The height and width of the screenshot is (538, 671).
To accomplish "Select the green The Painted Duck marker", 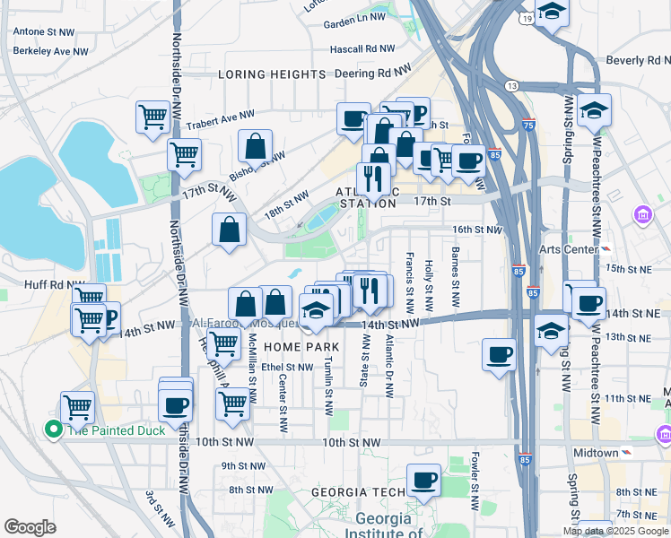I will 53,430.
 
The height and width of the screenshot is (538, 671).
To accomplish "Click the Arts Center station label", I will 568,248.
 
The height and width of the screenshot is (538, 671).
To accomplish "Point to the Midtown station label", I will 598,453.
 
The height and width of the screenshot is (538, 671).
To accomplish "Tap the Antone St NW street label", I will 43,31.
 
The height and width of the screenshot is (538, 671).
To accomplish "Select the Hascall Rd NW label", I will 362,48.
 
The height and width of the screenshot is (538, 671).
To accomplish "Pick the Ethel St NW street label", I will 288,367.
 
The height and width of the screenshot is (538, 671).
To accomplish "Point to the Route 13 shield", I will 511,85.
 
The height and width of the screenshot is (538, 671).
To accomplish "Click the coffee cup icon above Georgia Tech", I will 423,478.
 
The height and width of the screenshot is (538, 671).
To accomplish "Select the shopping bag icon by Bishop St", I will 256,145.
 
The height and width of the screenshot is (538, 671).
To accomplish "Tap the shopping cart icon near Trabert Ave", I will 152,116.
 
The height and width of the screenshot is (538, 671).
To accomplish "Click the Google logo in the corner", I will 30,527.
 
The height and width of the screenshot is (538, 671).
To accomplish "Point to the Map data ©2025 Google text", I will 615,531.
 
